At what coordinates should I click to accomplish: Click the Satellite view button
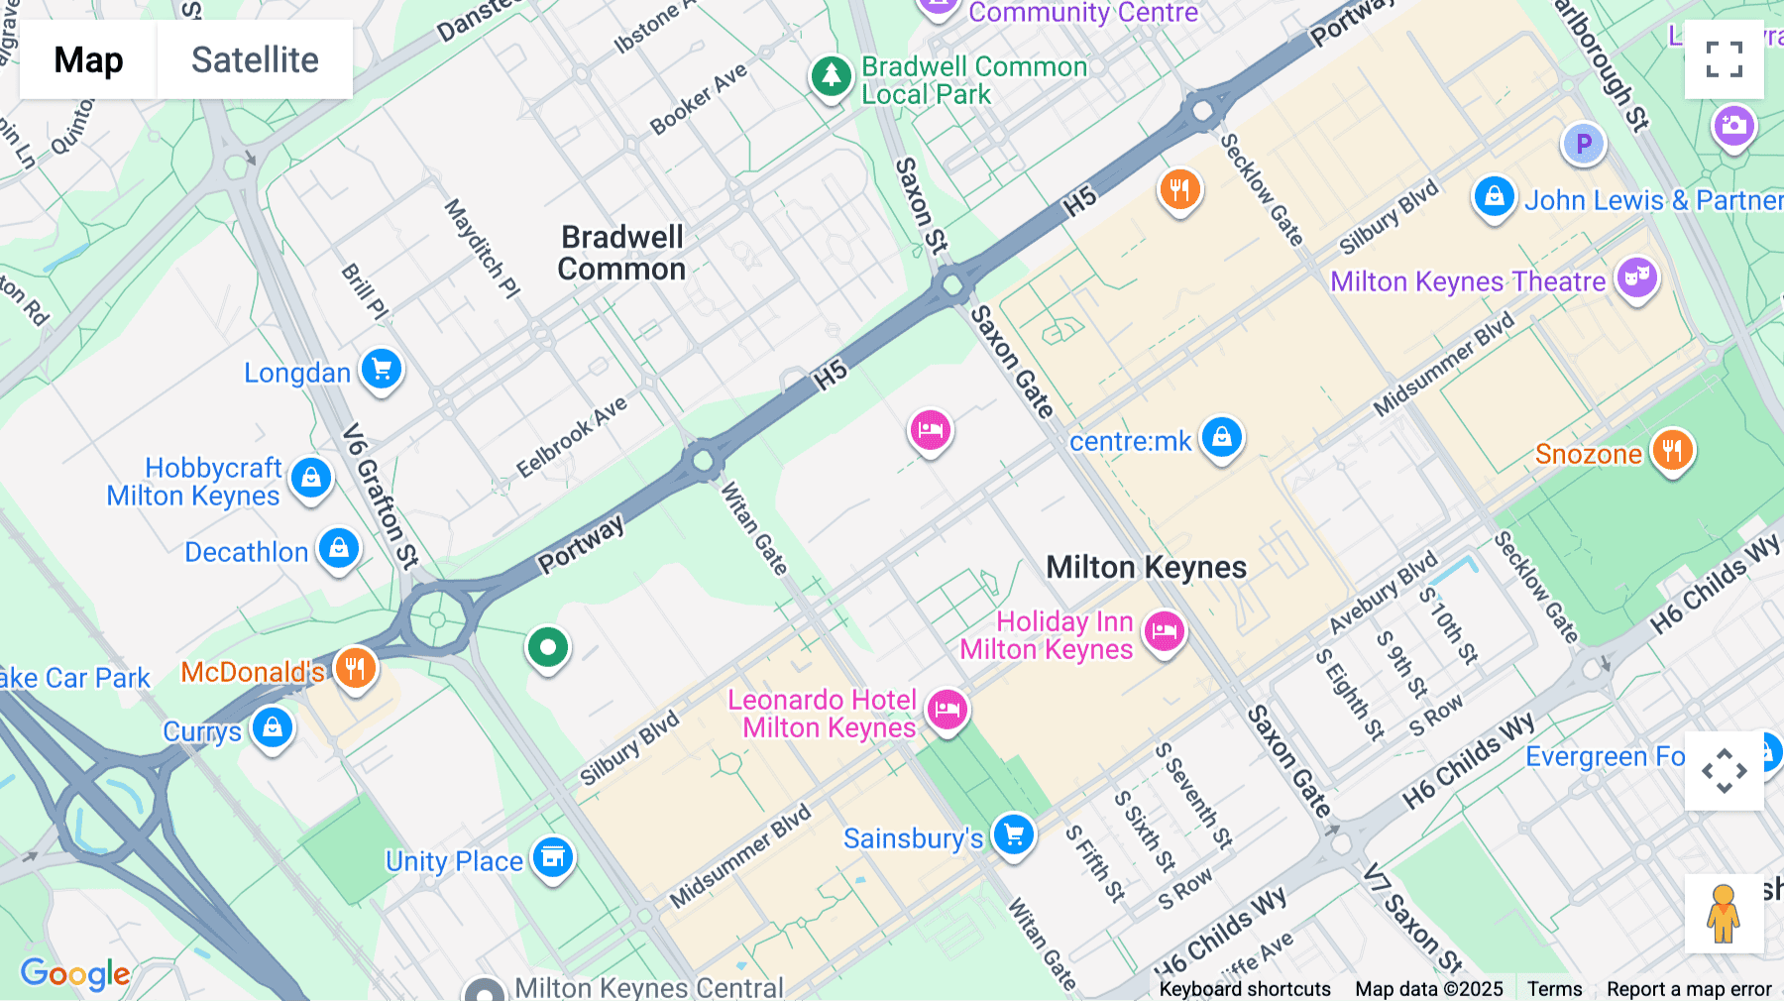[255, 60]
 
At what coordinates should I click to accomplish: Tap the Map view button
[88, 60]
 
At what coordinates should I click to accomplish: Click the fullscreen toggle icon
[1724, 59]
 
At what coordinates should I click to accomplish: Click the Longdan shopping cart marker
[382, 370]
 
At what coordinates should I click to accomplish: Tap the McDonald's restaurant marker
[355, 669]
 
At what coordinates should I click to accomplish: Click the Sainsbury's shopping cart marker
[1013, 834]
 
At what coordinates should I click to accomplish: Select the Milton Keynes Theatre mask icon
[1636, 278]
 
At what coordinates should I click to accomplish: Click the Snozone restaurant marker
[1672, 451]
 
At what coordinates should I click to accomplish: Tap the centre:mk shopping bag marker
[1221, 437]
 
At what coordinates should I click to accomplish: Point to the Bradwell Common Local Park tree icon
[831, 75]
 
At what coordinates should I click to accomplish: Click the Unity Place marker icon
[553, 857]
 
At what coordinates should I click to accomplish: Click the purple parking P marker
[1583, 144]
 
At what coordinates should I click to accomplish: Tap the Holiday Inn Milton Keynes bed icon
[1164, 631]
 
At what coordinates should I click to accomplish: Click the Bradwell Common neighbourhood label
[622, 253]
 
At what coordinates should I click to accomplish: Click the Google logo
[75, 974]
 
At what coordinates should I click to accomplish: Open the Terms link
[1554, 988]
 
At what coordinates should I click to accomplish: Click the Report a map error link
[1689, 988]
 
